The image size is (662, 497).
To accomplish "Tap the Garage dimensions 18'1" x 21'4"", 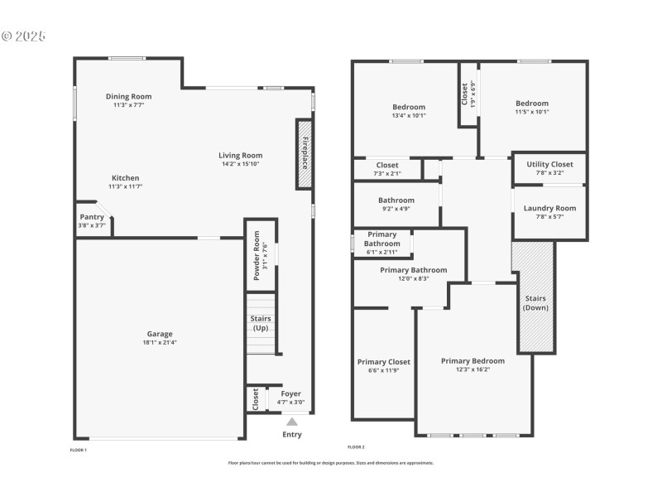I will (x=161, y=342).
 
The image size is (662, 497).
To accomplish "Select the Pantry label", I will (x=92, y=217).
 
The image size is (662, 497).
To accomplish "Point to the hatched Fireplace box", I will (x=304, y=153).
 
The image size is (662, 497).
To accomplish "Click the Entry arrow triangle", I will (x=292, y=422).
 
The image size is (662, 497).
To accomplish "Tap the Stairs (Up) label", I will (x=261, y=323).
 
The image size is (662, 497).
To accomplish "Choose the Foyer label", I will (x=291, y=393).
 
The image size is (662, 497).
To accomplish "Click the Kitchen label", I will (x=126, y=178).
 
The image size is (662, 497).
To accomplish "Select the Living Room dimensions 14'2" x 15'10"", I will (x=241, y=164).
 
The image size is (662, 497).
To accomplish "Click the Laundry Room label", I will (x=549, y=208).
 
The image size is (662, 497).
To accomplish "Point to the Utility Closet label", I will (x=549, y=164).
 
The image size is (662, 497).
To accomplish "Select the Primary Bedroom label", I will (x=473, y=360).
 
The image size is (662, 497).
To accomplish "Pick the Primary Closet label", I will (x=384, y=362).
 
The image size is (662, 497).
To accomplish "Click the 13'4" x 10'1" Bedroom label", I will (x=409, y=107).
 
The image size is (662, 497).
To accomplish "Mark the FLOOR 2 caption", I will (x=356, y=446).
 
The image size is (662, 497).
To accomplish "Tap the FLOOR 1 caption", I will (x=78, y=450).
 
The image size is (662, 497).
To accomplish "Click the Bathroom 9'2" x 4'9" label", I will (x=396, y=200).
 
